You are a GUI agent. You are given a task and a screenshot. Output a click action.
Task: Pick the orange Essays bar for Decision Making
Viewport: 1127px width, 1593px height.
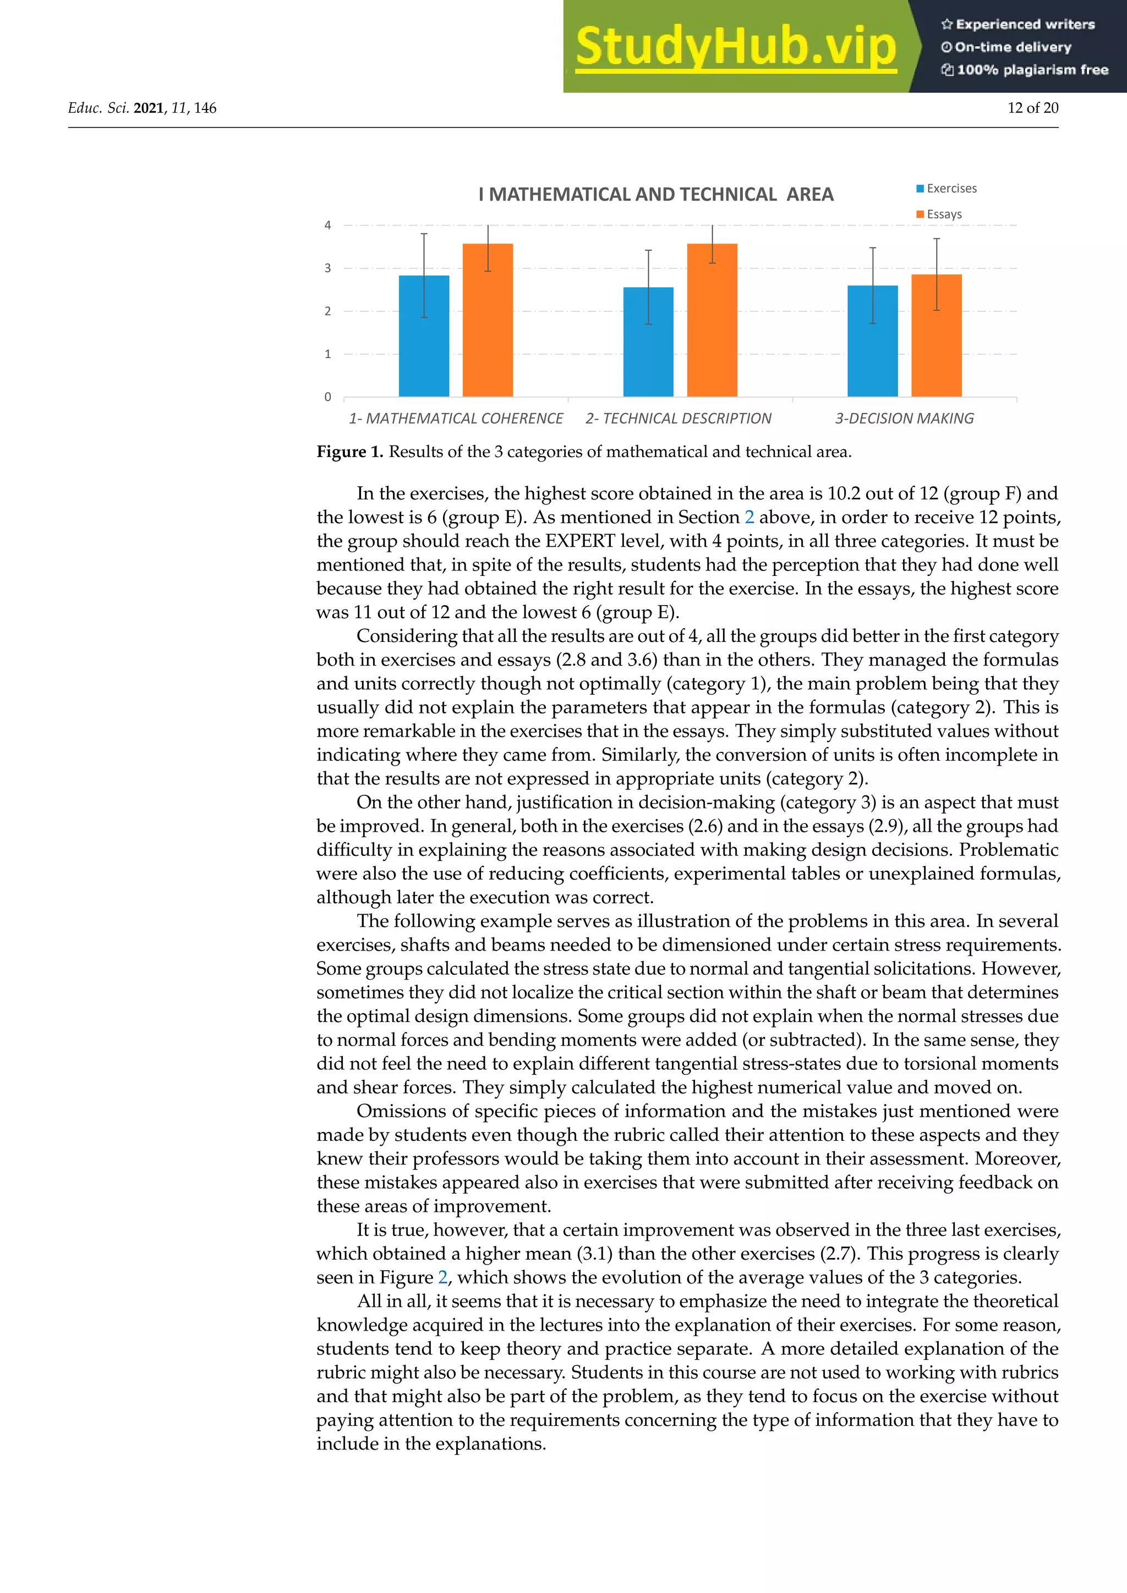click(936, 335)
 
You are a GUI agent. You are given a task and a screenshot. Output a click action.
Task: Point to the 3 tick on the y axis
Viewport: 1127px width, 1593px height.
click(327, 268)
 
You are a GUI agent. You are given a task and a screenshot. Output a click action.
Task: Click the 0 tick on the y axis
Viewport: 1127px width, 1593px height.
click(327, 397)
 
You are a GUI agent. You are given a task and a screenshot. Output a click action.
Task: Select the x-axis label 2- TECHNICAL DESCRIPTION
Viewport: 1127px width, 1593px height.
click(678, 419)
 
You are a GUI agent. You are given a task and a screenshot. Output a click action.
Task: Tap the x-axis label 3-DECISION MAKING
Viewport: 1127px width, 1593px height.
click(904, 419)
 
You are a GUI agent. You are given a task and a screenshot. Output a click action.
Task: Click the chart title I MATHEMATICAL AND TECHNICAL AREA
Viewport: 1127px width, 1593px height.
click(656, 194)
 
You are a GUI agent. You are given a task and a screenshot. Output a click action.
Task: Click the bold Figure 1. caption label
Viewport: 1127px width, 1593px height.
click(350, 452)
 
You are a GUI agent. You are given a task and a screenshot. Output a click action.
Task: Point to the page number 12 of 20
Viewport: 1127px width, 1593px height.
click(1032, 108)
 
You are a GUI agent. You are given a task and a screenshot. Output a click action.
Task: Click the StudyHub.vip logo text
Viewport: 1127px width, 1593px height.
click(736, 47)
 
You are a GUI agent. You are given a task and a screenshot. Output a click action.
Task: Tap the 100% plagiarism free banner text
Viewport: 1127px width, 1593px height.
click(1025, 69)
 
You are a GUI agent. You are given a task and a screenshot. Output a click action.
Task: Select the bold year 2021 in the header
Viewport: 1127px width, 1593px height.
click(149, 108)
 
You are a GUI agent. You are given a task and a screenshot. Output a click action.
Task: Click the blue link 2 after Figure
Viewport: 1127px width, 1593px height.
click(443, 1277)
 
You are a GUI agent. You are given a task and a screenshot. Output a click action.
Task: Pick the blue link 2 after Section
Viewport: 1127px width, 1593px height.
click(749, 518)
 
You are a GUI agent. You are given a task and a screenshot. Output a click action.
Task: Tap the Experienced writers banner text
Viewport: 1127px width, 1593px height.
click(1018, 24)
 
